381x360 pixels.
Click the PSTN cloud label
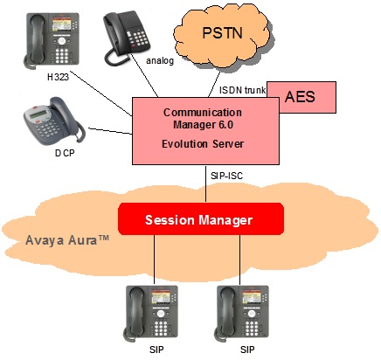click(x=223, y=32)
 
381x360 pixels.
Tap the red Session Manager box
click(x=201, y=218)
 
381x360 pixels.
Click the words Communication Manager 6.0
click(x=203, y=119)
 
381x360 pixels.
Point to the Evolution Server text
click(x=203, y=144)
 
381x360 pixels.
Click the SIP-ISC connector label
click(x=226, y=176)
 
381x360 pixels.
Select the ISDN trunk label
click(x=242, y=90)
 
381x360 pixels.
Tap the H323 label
click(x=58, y=77)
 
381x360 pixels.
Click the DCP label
click(x=65, y=153)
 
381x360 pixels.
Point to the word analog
click(x=160, y=60)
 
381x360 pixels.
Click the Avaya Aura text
click(x=67, y=240)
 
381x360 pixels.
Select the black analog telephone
click(x=126, y=38)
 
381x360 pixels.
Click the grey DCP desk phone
click(x=54, y=121)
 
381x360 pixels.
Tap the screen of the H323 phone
click(x=61, y=24)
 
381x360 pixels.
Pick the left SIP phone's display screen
click(x=161, y=297)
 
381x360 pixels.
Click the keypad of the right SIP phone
click(x=252, y=328)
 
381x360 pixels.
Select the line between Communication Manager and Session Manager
click(x=206, y=183)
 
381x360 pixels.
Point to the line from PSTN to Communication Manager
click(x=215, y=84)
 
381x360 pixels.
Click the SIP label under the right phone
click(x=247, y=350)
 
